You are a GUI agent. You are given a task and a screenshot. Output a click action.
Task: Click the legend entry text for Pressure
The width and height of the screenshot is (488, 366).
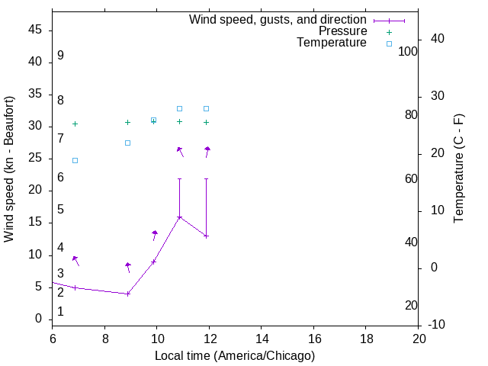(342, 31)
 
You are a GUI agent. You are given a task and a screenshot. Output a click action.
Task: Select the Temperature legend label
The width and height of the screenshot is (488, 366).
(332, 43)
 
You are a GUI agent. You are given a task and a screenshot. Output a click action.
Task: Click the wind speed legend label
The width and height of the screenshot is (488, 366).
(278, 20)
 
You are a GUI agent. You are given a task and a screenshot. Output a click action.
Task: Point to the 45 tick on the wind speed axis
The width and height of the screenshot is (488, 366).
(35, 30)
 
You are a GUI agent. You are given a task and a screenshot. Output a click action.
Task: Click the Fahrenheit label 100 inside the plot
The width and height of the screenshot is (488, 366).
(408, 52)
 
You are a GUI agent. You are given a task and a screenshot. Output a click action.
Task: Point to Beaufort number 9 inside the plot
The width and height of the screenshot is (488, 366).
(60, 56)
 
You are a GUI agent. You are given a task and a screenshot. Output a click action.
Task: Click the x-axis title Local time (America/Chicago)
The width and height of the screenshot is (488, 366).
(234, 355)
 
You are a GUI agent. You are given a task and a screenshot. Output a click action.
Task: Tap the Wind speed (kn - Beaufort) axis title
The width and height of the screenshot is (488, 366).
(9, 169)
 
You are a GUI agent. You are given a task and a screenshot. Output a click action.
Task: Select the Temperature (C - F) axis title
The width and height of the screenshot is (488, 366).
(459, 169)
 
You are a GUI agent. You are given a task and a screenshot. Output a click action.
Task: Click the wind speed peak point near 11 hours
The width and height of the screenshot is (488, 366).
(180, 217)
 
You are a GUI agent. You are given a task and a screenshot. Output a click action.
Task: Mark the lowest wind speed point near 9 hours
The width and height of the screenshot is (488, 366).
(128, 294)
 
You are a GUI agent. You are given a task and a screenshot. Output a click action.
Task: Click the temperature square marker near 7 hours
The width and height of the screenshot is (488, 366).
(75, 160)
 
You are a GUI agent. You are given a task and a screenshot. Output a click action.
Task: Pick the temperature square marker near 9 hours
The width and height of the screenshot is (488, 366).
(128, 143)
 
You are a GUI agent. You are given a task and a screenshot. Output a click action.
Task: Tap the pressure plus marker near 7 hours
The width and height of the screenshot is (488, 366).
(75, 124)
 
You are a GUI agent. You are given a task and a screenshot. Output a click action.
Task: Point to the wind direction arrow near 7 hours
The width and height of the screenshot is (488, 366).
(76, 261)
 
